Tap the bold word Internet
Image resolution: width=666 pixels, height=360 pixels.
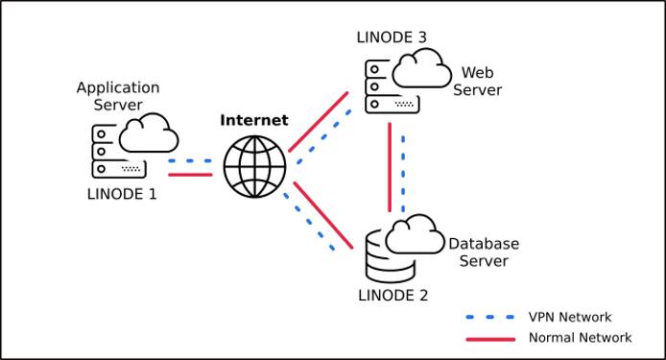tap(254, 120)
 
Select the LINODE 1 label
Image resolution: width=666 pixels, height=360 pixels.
tap(118, 193)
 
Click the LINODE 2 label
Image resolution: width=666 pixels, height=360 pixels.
tap(392, 295)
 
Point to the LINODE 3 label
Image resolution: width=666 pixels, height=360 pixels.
tap(391, 37)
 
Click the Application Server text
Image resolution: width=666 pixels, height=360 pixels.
tap(118, 96)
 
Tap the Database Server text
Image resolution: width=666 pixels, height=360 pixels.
tap(484, 252)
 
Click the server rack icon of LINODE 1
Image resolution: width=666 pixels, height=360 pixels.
tap(107, 153)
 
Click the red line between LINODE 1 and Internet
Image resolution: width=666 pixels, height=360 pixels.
tap(190, 175)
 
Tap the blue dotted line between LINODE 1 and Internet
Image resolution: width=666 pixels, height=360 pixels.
tap(190, 161)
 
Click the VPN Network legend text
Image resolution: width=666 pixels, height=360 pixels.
tap(569, 317)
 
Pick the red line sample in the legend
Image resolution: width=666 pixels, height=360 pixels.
tap(491, 338)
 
